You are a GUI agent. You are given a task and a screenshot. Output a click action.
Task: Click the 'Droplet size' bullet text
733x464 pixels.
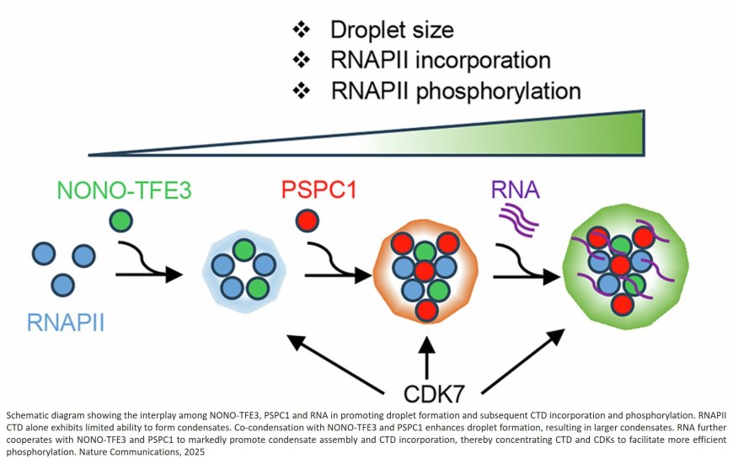point(391,30)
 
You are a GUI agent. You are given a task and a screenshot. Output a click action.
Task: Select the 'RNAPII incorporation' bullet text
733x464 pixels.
point(440,60)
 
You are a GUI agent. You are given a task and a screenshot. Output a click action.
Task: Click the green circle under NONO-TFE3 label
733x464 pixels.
point(121,223)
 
